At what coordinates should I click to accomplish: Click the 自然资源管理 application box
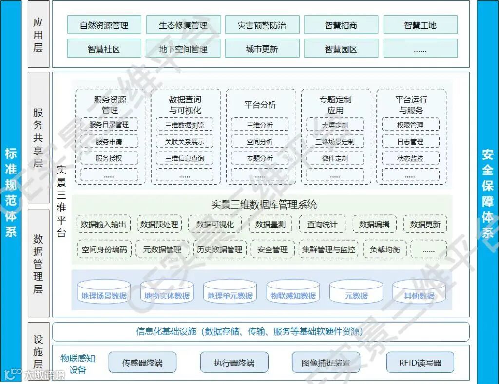[x=104, y=25]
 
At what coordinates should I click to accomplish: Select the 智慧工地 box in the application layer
[x=420, y=25]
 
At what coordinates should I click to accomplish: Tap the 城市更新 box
[x=262, y=49]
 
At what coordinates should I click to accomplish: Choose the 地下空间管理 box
[x=183, y=49]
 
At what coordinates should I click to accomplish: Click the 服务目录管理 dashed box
[x=109, y=125]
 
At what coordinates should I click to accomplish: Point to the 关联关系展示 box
[x=185, y=142]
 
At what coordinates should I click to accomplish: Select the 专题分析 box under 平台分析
[x=260, y=158]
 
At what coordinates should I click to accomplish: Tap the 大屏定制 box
[x=335, y=125]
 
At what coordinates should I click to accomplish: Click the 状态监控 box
[x=410, y=158]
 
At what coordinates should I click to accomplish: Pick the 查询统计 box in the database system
[x=322, y=224]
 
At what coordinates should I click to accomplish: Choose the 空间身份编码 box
[x=104, y=250]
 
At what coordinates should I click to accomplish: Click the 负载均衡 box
[x=385, y=250]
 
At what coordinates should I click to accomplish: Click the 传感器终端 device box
[x=142, y=363]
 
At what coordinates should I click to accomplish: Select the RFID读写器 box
[x=420, y=363]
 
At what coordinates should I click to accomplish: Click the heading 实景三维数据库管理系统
[x=264, y=204]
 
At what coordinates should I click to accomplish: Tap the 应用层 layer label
[x=38, y=34]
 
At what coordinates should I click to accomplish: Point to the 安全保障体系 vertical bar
[x=487, y=192]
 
